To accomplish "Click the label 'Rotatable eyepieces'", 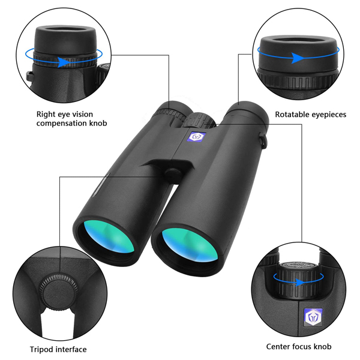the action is click(310, 115).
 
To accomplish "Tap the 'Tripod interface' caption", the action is click(58, 349).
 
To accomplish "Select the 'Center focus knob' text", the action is click(299, 346).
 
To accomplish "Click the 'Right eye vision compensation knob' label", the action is click(71, 119).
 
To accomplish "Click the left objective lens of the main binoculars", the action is click(109, 236).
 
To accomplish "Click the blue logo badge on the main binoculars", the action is click(197, 137).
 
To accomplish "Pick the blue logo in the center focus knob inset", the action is click(313, 317).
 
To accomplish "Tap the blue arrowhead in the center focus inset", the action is click(300, 282).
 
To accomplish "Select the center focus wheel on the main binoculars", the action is click(200, 119).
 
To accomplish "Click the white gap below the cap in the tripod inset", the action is click(58, 324).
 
